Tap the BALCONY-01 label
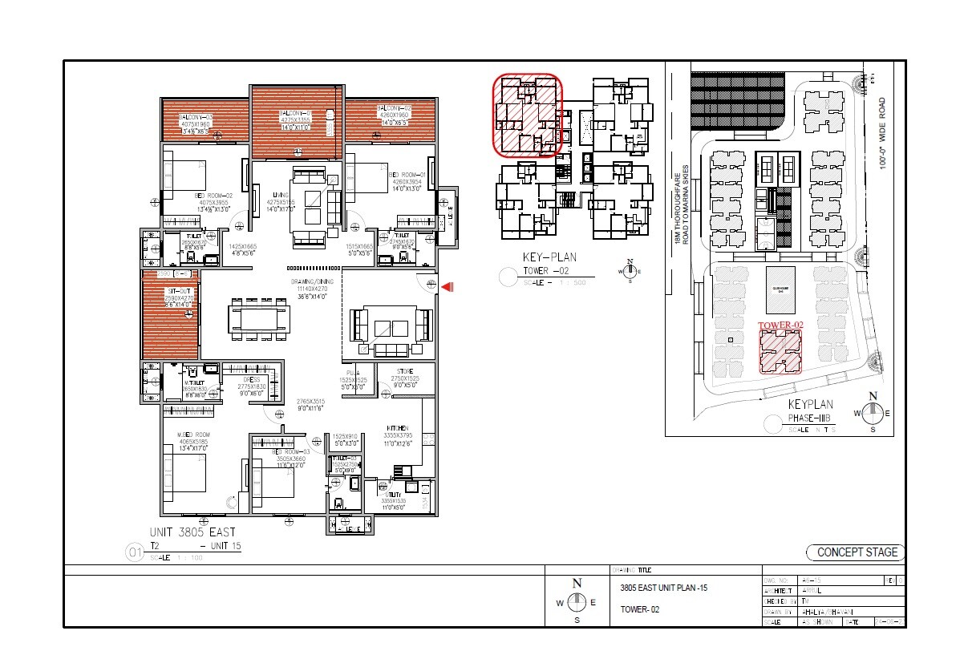(x=295, y=113)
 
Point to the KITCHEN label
(x=397, y=428)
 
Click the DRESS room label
(x=251, y=379)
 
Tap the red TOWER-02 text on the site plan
(x=780, y=325)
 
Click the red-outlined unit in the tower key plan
(x=527, y=115)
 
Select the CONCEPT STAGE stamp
(x=856, y=552)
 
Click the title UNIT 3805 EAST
(x=192, y=532)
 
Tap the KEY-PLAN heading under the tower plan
(x=550, y=257)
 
